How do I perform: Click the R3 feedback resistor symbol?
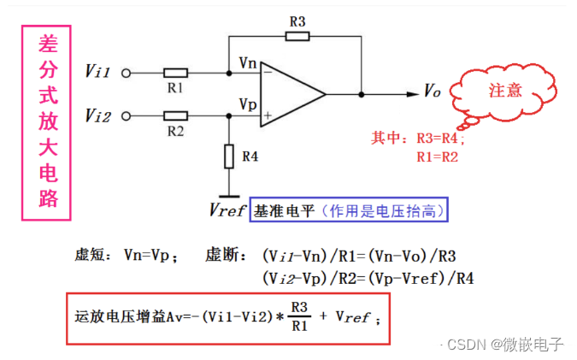pos(296,37)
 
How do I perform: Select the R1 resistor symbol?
pos(175,73)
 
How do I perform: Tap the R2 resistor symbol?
pos(176,115)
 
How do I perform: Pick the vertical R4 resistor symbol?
pos(229,156)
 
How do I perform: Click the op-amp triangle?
pos(291,93)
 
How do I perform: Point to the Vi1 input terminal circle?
pos(128,73)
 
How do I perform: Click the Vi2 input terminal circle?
pos(128,115)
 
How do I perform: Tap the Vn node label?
pos(247,62)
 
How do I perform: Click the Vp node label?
pos(247,103)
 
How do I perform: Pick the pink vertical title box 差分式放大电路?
pos(45,122)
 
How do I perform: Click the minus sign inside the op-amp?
pos(268,73)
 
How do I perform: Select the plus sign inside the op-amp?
pos(268,114)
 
